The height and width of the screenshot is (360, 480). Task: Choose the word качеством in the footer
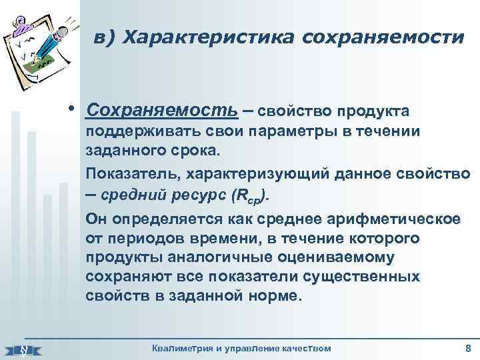point(304,349)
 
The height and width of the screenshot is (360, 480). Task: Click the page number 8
point(467,349)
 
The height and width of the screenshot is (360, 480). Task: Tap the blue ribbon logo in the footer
point(23,349)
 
